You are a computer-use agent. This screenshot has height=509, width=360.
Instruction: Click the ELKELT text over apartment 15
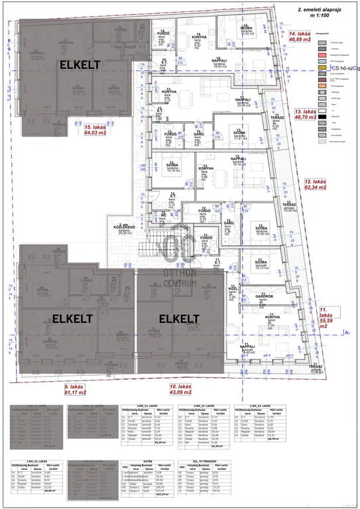click(81, 65)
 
